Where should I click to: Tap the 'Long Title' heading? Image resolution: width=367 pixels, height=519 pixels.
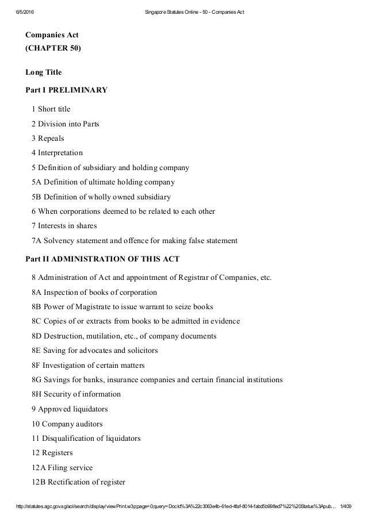point(44,72)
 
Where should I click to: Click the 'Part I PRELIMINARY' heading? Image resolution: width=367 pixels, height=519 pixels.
point(67,90)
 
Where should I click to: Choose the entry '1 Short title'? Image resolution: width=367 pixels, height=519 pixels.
point(51,109)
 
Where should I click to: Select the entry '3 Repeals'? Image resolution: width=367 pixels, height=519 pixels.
point(48,139)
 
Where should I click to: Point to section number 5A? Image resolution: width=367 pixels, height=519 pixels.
point(37,182)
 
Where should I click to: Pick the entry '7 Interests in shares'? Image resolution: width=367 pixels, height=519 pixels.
point(64,226)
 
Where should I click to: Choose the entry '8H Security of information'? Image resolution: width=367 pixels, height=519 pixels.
point(77,394)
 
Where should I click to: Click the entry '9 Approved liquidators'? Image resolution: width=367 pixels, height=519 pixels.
point(70,409)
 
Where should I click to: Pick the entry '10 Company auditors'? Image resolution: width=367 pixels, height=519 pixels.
point(67,424)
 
